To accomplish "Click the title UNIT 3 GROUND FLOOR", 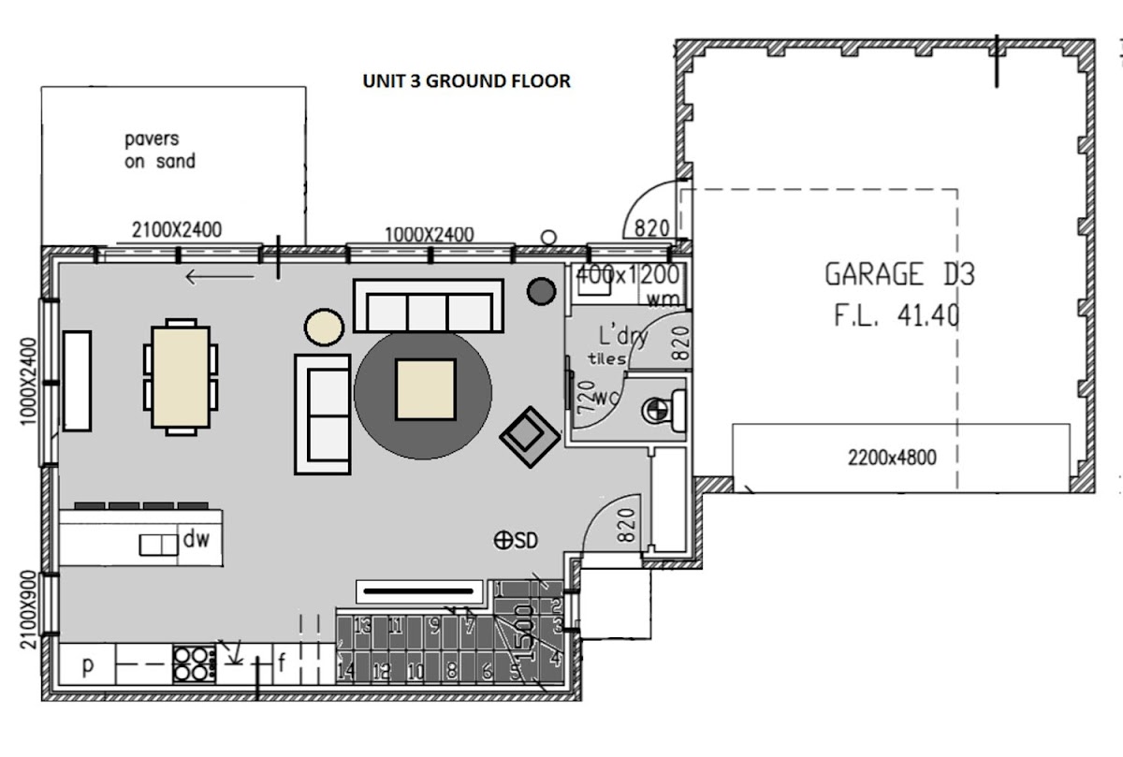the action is click(466, 81).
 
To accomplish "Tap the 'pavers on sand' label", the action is click(160, 151).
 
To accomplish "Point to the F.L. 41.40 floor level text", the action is click(896, 315).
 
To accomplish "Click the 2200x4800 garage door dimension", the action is click(891, 458).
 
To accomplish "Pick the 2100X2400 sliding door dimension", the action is click(177, 229).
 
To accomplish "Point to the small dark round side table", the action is click(541, 291).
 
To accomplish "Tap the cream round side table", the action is click(324, 328).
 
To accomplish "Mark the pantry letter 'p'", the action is click(87, 666).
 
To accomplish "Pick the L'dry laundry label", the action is click(623, 335).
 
